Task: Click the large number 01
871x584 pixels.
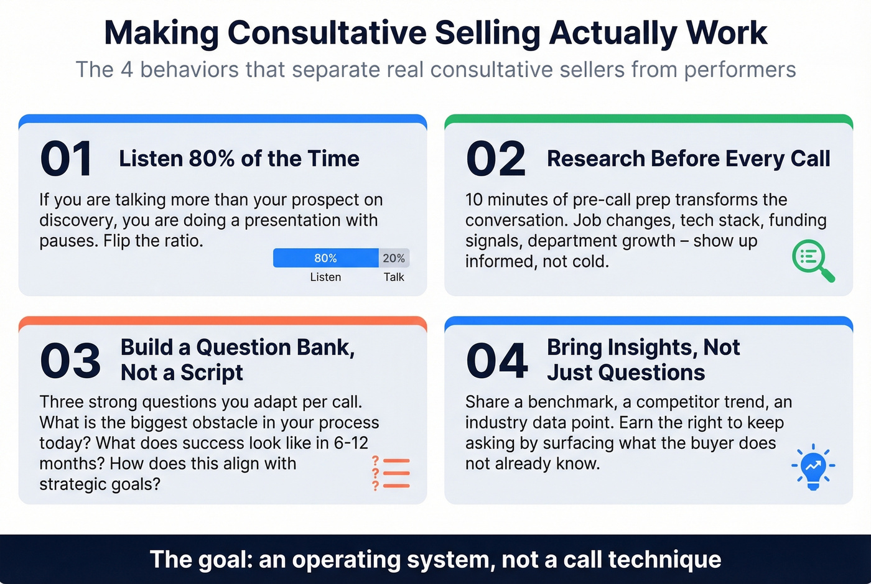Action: (67, 159)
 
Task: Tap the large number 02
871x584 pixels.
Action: (496, 159)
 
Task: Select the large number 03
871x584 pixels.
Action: (70, 361)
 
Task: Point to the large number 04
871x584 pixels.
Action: (496, 361)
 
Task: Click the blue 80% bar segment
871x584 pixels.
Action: (325, 258)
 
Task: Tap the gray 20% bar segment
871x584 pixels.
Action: (394, 258)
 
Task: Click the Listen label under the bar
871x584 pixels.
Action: (325, 277)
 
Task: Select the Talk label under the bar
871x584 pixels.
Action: (394, 277)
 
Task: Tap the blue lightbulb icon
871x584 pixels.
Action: (813, 466)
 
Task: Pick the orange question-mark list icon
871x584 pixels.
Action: (391, 473)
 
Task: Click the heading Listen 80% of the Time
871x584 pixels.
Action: (239, 159)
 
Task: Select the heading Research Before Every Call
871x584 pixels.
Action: (688, 159)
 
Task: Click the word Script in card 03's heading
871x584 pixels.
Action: (212, 373)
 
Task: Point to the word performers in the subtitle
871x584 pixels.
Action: (740, 70)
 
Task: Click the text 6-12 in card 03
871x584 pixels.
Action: (351, 443)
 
